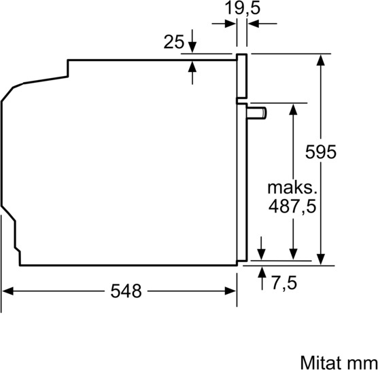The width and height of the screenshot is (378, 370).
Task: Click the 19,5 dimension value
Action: click(x=243, y=8)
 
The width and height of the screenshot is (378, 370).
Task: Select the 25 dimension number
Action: click(x=173, y=42)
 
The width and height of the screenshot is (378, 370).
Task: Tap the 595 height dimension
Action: click(x=321, y=152)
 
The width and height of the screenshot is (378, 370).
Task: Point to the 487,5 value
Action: click(x=292, y=206)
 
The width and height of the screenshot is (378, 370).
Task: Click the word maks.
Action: click(x=292, y=187)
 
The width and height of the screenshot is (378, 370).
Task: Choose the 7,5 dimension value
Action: click(x=284, y=282)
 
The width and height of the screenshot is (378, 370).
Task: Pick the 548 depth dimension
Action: click(x=126, y=291)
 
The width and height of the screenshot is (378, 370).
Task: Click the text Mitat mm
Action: click(x=339, y=363)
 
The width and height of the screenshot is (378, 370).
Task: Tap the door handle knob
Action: click(x=257, y=113)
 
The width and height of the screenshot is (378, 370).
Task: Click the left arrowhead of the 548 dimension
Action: click(x=7, y=291)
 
